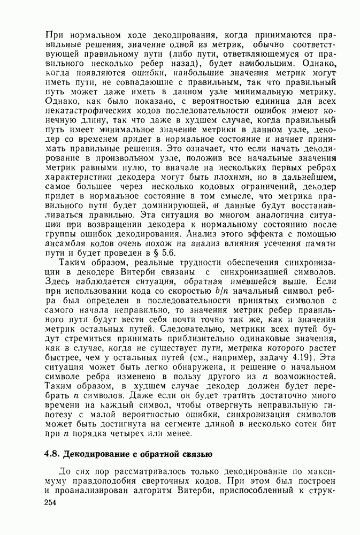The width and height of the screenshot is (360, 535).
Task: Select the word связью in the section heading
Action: click(195, 455)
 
